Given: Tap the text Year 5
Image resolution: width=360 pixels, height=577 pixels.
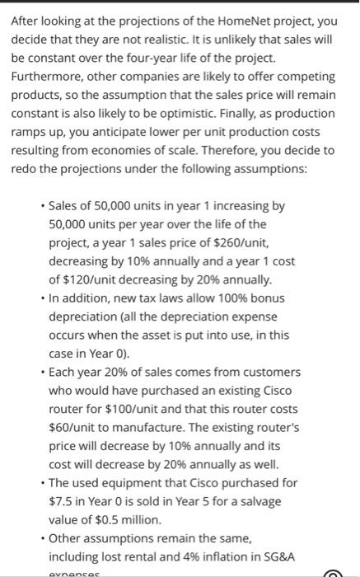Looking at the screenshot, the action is coord(194,502).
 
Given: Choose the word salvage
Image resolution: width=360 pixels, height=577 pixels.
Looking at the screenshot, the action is coord(261,502).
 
